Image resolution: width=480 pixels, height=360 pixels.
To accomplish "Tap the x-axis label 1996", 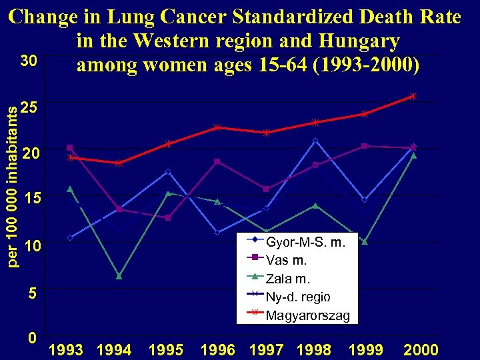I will [x=217, y=350].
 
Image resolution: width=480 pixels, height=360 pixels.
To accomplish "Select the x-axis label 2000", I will [x=421, y=350].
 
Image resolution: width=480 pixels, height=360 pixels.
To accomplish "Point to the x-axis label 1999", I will [x=365, y=350].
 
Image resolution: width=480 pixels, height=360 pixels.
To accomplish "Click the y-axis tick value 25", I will [x=30, y=107].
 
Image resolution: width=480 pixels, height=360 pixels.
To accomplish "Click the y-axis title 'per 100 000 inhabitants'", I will [x=12, y=180].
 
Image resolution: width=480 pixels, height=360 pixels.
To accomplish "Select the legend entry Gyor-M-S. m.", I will [x=305, y=243].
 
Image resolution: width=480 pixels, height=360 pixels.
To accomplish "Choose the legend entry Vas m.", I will [x=287, y=261].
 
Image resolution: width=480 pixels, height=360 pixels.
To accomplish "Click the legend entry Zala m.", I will [x=288, y=279].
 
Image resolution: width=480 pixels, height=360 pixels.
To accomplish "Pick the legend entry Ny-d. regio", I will [x=297, y=297].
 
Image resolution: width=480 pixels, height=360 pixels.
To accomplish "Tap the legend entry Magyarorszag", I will [x=307, y=315].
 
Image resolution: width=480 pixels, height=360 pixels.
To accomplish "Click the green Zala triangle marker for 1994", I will [x=119, y=276].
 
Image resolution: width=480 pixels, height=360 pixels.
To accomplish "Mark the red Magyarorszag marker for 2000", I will [x=413, y=96].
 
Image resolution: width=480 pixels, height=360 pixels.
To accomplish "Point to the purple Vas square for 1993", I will [x=70, y=147].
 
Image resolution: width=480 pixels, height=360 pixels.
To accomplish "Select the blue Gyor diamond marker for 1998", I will [x=315, y=141].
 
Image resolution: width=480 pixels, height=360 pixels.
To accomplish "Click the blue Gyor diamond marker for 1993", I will [x=70, y=237].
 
